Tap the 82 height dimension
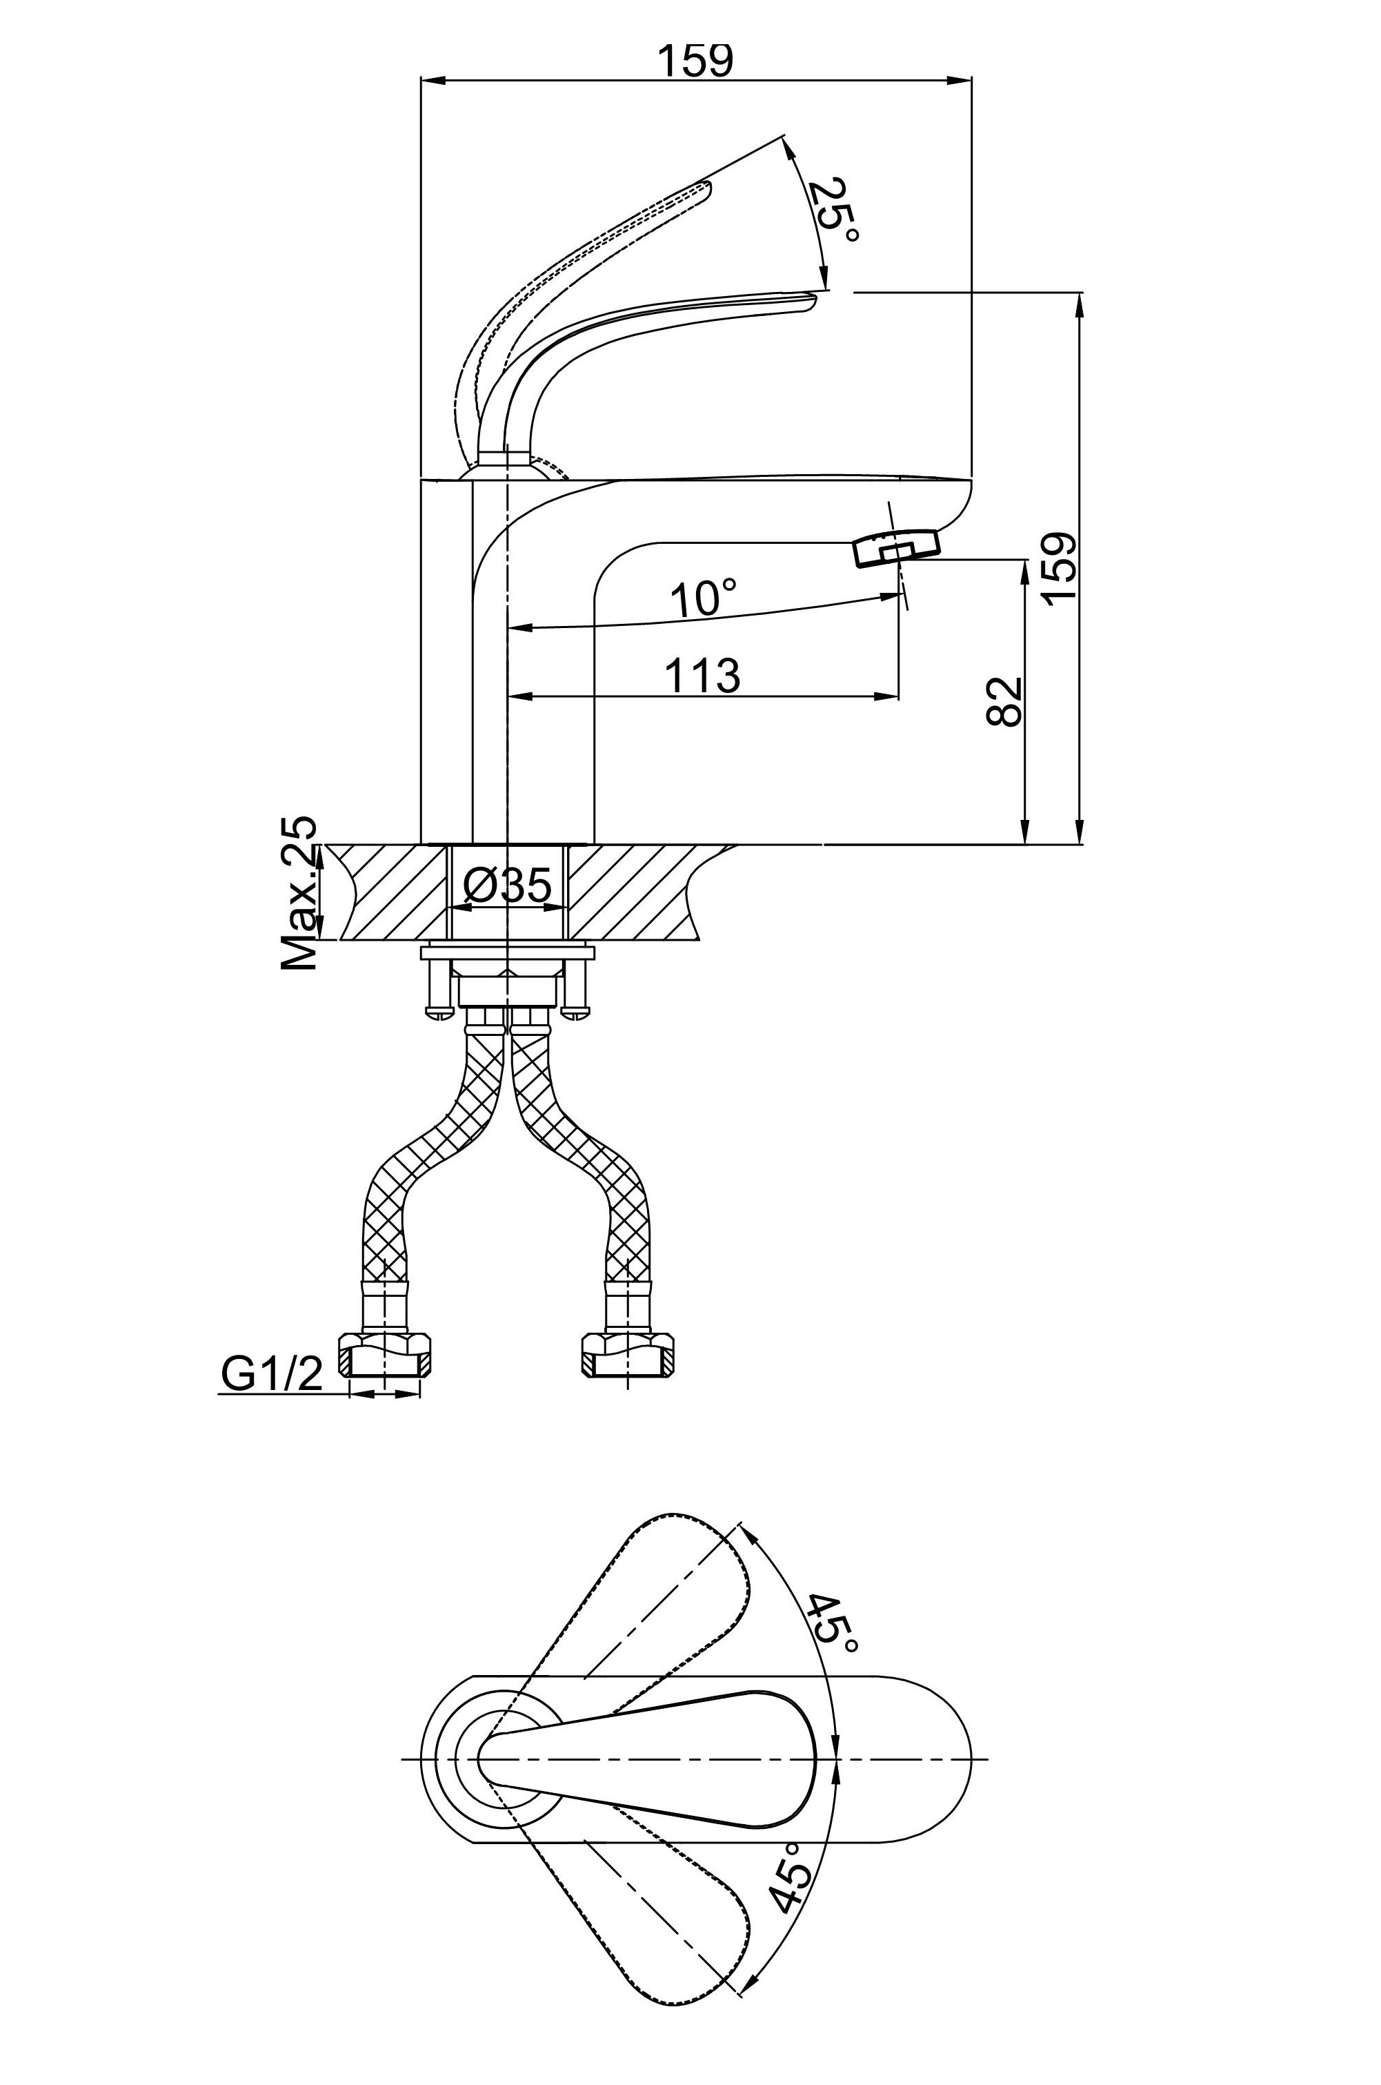point(1005,701)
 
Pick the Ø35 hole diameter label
point(506,885)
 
